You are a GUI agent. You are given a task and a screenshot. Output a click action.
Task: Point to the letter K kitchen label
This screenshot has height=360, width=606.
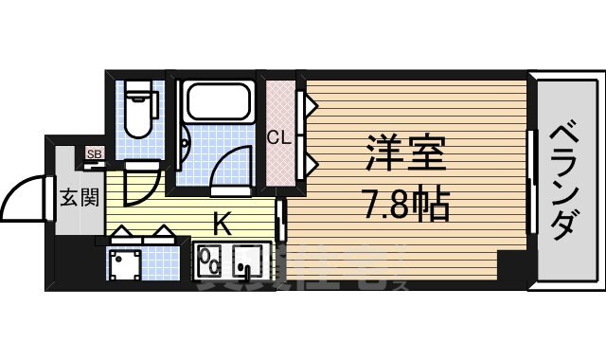[222, 225]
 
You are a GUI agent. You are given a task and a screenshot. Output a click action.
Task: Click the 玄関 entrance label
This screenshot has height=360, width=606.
[79, 198]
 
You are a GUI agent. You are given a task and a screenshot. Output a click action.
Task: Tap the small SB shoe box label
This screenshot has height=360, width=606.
[94, 153]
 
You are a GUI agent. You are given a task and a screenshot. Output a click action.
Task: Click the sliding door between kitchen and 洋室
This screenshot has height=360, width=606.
[280, 220]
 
